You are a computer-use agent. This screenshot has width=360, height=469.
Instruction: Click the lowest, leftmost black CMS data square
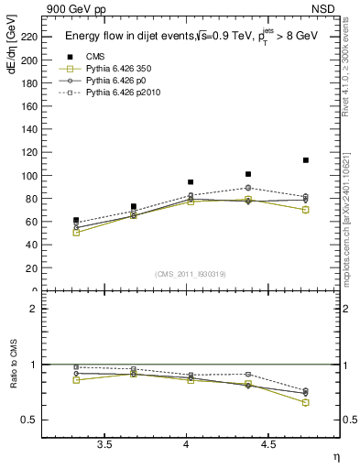pos(76,221)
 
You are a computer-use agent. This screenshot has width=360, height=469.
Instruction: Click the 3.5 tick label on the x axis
pos(104,444)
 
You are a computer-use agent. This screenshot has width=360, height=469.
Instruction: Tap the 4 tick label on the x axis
pos(187,444)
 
